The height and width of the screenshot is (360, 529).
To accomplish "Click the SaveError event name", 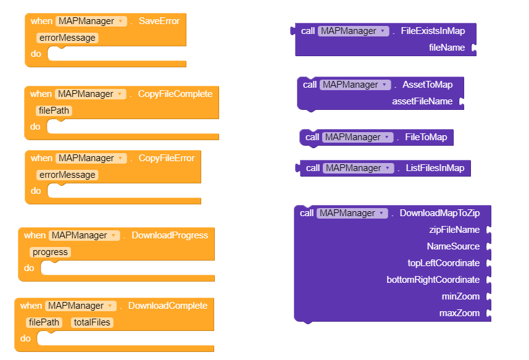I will coord(159,21).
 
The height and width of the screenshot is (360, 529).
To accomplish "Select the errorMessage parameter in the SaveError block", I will coord(67,38).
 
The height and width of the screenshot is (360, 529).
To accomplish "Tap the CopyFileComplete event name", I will coord(175,94).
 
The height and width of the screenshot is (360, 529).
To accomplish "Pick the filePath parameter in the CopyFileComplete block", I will coord(54,111).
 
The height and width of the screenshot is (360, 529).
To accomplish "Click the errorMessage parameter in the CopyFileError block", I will coord(67,175).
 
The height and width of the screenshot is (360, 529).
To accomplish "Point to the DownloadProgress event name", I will coord(170,235).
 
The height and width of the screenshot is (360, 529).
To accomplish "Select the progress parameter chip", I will coord(49,252).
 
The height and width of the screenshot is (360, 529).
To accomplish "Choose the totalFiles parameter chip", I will coord(93,322).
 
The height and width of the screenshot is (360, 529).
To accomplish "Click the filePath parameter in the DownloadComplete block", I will coord(44,322).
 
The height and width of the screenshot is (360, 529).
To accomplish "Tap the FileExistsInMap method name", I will coord(433,31).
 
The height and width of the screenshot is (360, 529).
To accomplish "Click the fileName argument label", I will coord(447,48).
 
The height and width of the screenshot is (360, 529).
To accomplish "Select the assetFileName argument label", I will coord(422,101).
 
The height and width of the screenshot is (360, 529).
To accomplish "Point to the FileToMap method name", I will coord(426,137).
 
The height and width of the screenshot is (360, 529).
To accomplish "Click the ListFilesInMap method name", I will coord(435,168).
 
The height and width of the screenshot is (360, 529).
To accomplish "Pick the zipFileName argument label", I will coord(454,230).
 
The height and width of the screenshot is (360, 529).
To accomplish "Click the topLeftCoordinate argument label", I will coord(443,263).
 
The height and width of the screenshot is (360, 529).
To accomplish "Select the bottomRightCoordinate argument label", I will coord(433,280).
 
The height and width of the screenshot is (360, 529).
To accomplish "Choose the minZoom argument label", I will coord(460,296).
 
